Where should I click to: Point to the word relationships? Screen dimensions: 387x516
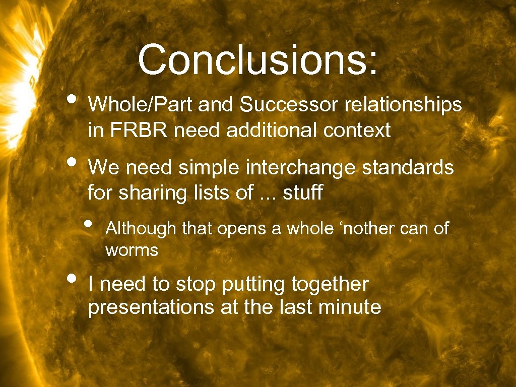pos(403,105)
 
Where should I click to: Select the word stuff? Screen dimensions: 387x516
pos(302,192)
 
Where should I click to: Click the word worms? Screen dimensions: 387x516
pos(132,250)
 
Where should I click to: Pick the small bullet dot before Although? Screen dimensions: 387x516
pos(89,223)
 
